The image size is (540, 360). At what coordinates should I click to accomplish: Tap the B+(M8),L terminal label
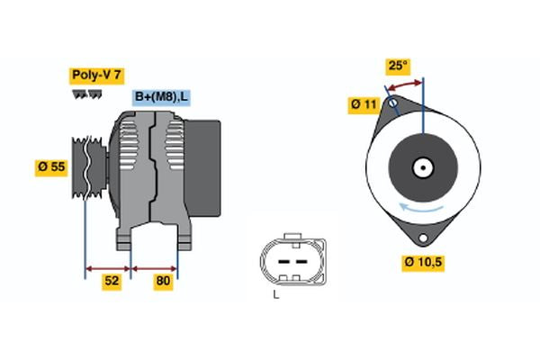(163, 97)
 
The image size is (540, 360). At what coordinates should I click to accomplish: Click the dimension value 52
(112, 282)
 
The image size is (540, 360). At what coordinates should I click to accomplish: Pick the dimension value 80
(163, 282)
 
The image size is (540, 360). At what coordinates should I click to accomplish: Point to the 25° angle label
(397, 67)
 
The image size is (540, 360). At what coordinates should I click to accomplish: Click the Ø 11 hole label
(363, 105)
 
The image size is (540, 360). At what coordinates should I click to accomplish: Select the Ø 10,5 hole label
(423, 263)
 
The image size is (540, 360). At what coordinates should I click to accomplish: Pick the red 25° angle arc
(404, 84)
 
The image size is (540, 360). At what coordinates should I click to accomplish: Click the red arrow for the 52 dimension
(109, 267)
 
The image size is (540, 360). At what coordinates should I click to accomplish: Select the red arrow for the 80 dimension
(155, 267)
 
